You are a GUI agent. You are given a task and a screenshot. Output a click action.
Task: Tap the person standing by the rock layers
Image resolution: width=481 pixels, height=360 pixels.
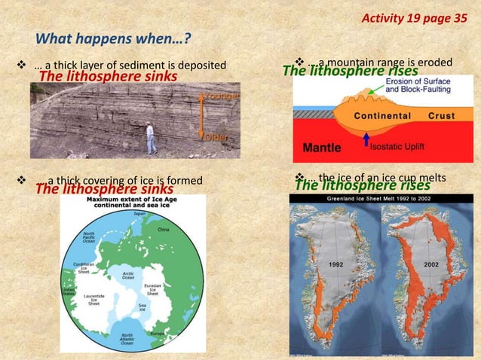tap(151, 139)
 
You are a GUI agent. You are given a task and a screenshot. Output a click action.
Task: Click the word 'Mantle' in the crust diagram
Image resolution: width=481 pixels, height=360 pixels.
tap(323, 147)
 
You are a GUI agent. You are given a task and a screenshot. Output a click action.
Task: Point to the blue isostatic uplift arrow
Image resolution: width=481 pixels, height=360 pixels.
tap(366, 141)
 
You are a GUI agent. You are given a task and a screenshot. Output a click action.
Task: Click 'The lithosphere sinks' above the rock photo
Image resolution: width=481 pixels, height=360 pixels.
tap(108, 77)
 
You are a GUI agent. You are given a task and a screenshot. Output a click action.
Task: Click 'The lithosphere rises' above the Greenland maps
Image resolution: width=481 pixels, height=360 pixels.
tap(362, 185)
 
